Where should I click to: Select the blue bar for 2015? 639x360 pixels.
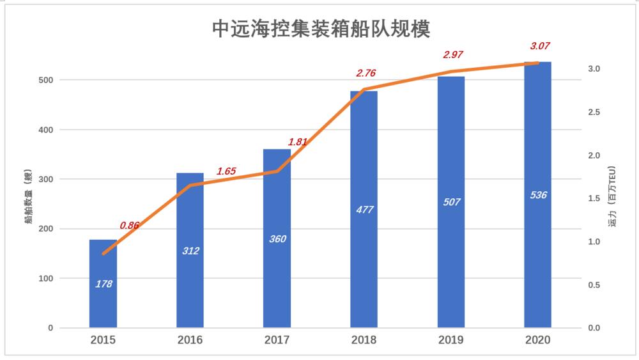pos(103,301)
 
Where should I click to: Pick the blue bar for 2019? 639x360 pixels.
pos(451,256)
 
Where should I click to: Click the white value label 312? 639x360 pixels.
pos(190,251)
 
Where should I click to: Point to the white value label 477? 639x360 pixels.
pos(364,210)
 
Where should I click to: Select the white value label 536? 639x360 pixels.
pos(538,195)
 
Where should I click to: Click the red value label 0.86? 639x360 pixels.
pos(129,225)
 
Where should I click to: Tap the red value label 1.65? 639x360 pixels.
pos(226,171)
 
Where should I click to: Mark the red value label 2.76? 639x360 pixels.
pos(366,74)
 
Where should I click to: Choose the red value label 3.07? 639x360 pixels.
pos(540,46)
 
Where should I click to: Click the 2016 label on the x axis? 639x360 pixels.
pos(190,340)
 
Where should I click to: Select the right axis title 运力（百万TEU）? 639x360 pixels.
pos(612,198)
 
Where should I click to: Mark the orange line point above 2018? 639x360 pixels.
pos(364,90)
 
